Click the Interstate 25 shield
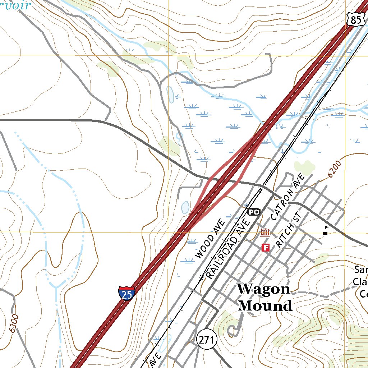[126, 293]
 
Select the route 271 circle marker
[207, 339]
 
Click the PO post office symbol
[253, 212]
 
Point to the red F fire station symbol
[266, 247]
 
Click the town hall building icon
[265, 233]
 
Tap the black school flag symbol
[326, 230]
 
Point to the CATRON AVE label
[287, 197]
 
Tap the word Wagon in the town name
[263, 289]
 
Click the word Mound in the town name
[265, 306]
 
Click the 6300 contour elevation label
[14, 323]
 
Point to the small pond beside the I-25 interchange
[185, 207]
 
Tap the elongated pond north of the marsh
[170, 94]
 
